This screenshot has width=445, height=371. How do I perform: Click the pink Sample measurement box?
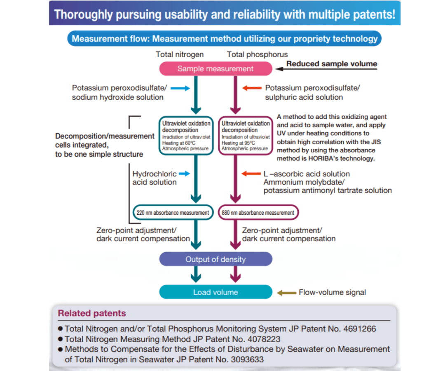coord(215,69)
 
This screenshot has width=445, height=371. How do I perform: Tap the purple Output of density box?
coord(215,259)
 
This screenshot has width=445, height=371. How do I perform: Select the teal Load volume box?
coord(215,292)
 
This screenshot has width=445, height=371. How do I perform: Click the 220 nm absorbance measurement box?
coord(173,213)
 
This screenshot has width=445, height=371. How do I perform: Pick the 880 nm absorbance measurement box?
coord(258,213)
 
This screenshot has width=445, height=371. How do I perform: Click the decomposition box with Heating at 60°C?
coord(186,136)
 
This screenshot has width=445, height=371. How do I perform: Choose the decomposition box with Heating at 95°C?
coord(246,136)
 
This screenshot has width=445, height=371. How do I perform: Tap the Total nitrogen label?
coord(180,54)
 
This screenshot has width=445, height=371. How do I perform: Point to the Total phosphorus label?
coord(257,54)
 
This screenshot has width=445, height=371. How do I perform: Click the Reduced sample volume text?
coord(332,63)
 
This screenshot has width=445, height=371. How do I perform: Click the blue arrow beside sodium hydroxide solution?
coord(180,88)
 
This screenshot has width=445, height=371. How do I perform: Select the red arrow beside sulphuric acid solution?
coord(252,88)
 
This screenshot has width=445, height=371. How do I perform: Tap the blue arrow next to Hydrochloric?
coord(185,174)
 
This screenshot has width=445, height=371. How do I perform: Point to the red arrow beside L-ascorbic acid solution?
coord(251,174)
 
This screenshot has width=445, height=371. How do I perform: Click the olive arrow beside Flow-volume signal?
coord(287,293)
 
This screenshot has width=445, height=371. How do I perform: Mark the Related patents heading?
coord(92,313)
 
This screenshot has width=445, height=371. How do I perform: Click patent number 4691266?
coord(360,329)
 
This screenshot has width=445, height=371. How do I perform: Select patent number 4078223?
coord(264,339)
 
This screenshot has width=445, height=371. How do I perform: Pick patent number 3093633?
coord(247,359)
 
